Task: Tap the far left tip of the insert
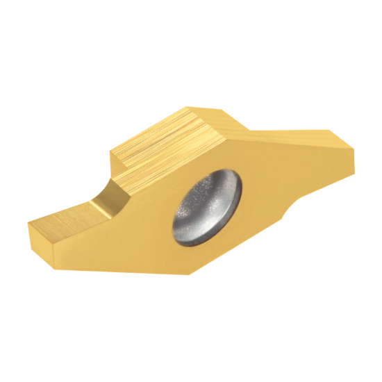coord(28,224)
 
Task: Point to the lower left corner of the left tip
coord(33,243)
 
